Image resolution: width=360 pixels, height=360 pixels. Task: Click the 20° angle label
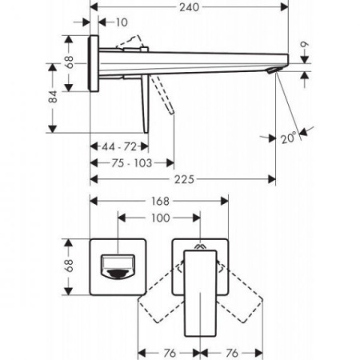[x=289, y=138]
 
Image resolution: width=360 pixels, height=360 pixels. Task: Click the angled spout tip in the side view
[x=275, y=74]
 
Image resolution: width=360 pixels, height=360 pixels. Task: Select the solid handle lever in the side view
[x=146, y=104]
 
